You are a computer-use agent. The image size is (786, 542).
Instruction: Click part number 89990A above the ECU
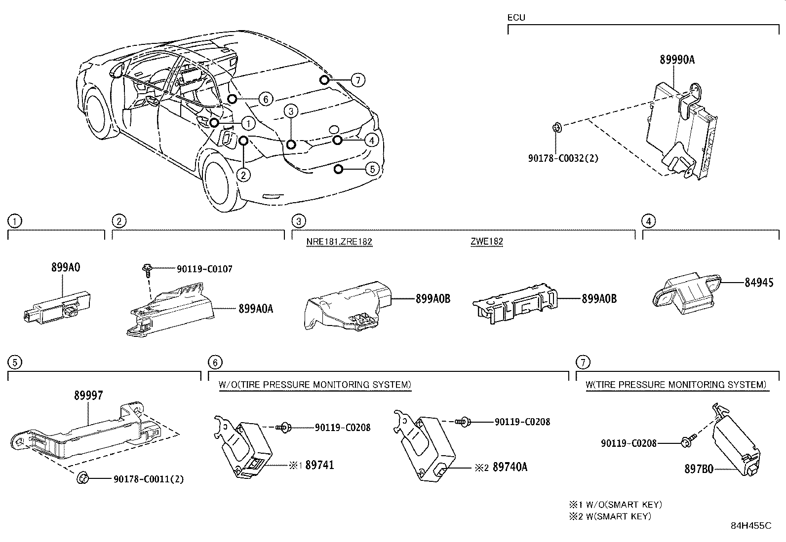tap(677, 60)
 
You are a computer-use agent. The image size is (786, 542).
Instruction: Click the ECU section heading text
tap(516, 18)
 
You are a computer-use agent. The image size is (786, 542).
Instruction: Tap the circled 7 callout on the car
tap(358, 80)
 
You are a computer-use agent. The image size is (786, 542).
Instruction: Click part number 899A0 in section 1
tap(66, 267)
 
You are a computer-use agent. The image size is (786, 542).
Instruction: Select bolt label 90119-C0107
tap(204, 269)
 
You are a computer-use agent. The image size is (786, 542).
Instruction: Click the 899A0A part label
tap(256, 309)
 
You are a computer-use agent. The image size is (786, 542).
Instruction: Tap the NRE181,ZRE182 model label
tap(339, 242)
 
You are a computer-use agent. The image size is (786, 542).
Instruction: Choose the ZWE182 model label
tap(487, 242)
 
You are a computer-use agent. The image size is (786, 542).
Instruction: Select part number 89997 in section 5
tap(89, 395)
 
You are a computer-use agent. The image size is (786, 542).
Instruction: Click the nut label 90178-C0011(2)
tap(149, 479)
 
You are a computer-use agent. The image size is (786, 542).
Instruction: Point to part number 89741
tap(319, 465)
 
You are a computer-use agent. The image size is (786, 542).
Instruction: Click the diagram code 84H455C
tap(751, 526)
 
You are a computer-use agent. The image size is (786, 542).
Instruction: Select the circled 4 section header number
tap(649, 221)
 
